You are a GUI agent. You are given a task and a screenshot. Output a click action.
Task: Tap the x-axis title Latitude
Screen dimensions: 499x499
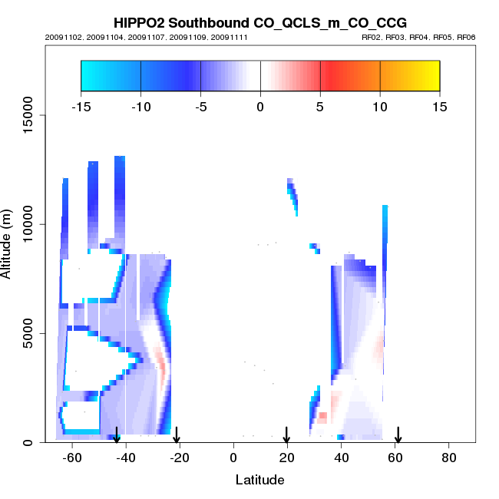(259, 480)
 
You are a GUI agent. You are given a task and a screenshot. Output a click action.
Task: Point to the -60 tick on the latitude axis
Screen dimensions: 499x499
(72, 458)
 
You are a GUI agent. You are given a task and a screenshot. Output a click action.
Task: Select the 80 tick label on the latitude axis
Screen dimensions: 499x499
(449, 458)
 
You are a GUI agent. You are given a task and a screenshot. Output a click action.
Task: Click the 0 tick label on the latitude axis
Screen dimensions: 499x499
(233, 458)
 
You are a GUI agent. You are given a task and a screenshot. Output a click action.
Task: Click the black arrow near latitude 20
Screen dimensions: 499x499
(286, 435)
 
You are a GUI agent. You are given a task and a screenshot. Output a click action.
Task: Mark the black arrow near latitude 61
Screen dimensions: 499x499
(398, 435)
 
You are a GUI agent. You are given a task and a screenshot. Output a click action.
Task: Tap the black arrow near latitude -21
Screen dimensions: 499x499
(177, 435)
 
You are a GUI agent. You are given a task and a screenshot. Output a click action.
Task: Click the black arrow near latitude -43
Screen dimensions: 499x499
(117, 435)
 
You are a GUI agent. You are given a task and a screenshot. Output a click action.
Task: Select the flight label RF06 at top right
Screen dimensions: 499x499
(467, 37)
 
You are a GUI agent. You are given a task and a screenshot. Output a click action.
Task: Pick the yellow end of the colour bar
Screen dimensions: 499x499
(430, 75)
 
